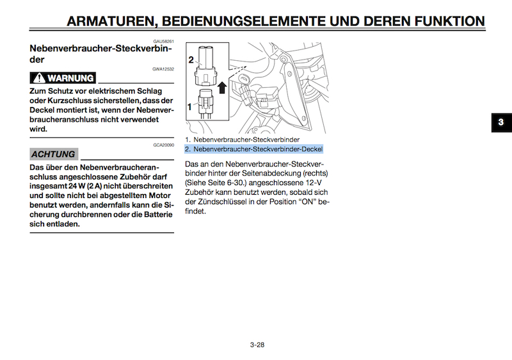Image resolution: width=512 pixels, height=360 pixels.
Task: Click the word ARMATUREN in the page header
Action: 109,21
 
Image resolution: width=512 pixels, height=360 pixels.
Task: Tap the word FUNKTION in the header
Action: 450,21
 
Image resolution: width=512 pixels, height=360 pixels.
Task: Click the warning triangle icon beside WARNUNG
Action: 39,78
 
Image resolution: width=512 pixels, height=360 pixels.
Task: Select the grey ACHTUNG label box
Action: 54,154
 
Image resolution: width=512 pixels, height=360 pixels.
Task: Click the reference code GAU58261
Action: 164,42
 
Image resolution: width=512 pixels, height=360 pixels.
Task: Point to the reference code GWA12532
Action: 163,69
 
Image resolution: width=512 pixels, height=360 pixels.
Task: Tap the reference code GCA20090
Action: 164,145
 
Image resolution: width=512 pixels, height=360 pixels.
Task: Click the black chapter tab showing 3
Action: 502,122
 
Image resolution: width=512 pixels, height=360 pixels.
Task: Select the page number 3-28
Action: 257,345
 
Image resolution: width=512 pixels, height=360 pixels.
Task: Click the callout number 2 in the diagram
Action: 191,60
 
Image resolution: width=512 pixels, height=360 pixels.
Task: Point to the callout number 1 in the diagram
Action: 189,107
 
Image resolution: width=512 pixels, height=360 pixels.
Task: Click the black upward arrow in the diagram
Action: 222,87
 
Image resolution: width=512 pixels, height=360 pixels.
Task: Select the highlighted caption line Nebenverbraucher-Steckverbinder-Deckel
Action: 253,149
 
